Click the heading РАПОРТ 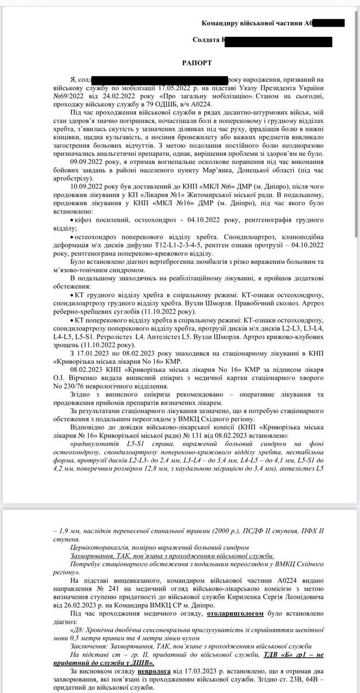pyautogui.click(x=195, y=63)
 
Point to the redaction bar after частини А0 pyautogui.click(x=329, y=23)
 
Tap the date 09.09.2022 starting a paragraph pyautogui.click(x=89, y=162)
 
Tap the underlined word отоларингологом pyautogui.click(x=235, y=616)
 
